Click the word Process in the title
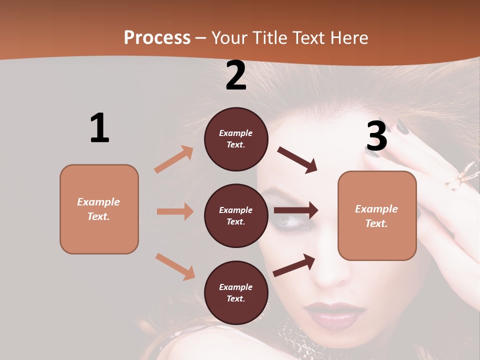[x=157, y=37]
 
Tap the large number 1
[x=99, y=128]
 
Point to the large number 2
[x=236, y=75]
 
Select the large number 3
[x=376, y=136]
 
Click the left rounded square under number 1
[x=99, y=209]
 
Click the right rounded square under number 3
[x=377, y=215]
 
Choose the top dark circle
[x=236, y=139]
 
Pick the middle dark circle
[x=236, y=215]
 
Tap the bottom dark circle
[x=236, y=292]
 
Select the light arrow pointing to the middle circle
[x=175, y=211]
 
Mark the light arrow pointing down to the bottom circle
[x=175, y=266]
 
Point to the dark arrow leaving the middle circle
[x=296, y=210]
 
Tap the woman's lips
[x=334, y=313]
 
